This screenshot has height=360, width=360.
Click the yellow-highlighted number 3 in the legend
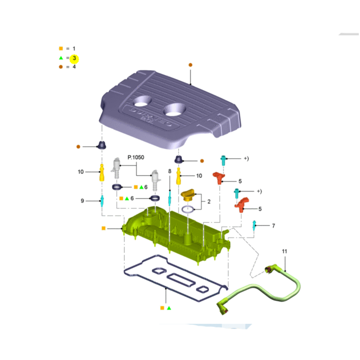coord(74,58)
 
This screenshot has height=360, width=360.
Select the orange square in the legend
coord(61,49)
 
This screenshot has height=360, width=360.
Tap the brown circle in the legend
coord(61,67)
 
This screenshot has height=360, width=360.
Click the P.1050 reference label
coord(136,157)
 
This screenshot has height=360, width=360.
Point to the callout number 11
coord(284,251)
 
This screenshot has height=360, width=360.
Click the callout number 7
coord(273,226)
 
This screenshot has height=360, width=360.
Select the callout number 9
coord(82,201)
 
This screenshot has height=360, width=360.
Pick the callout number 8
coord(170,171)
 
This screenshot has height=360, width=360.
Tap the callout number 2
coord(209,202)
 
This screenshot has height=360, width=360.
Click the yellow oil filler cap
coord(188,195)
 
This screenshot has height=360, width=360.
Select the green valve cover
coord(177,234)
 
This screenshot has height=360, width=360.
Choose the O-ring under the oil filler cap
coord(188,209)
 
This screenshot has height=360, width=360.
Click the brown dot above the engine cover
coord(190,65)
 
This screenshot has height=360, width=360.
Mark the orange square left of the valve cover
coord(104,228)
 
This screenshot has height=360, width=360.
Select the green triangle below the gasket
coord(169,308)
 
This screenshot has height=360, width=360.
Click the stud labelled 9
coord(102,201)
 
